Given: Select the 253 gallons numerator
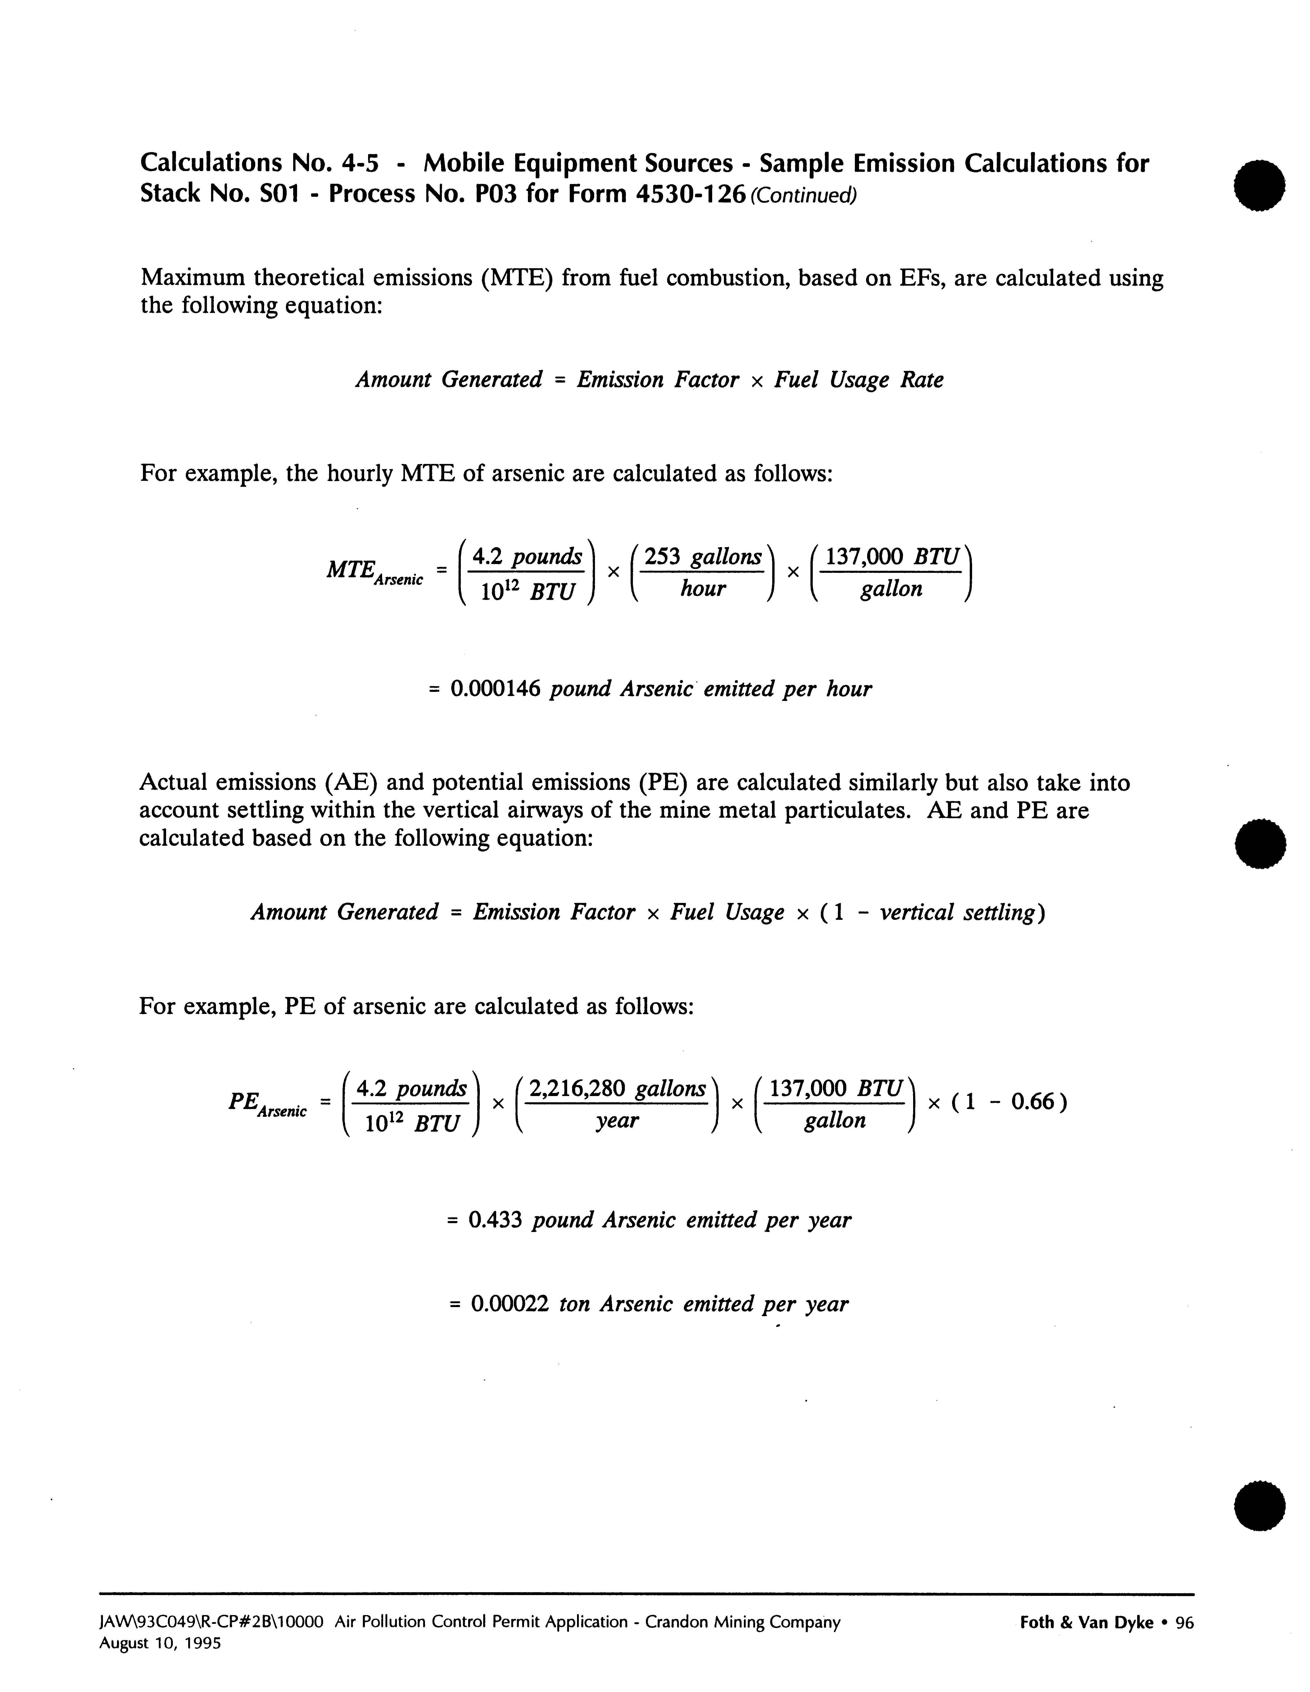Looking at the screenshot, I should pos(703,557).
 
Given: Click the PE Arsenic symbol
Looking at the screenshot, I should pos(267,1104).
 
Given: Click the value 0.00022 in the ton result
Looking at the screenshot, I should pos(510,1304).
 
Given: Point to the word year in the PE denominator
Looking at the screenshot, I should pos(617,1120).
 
